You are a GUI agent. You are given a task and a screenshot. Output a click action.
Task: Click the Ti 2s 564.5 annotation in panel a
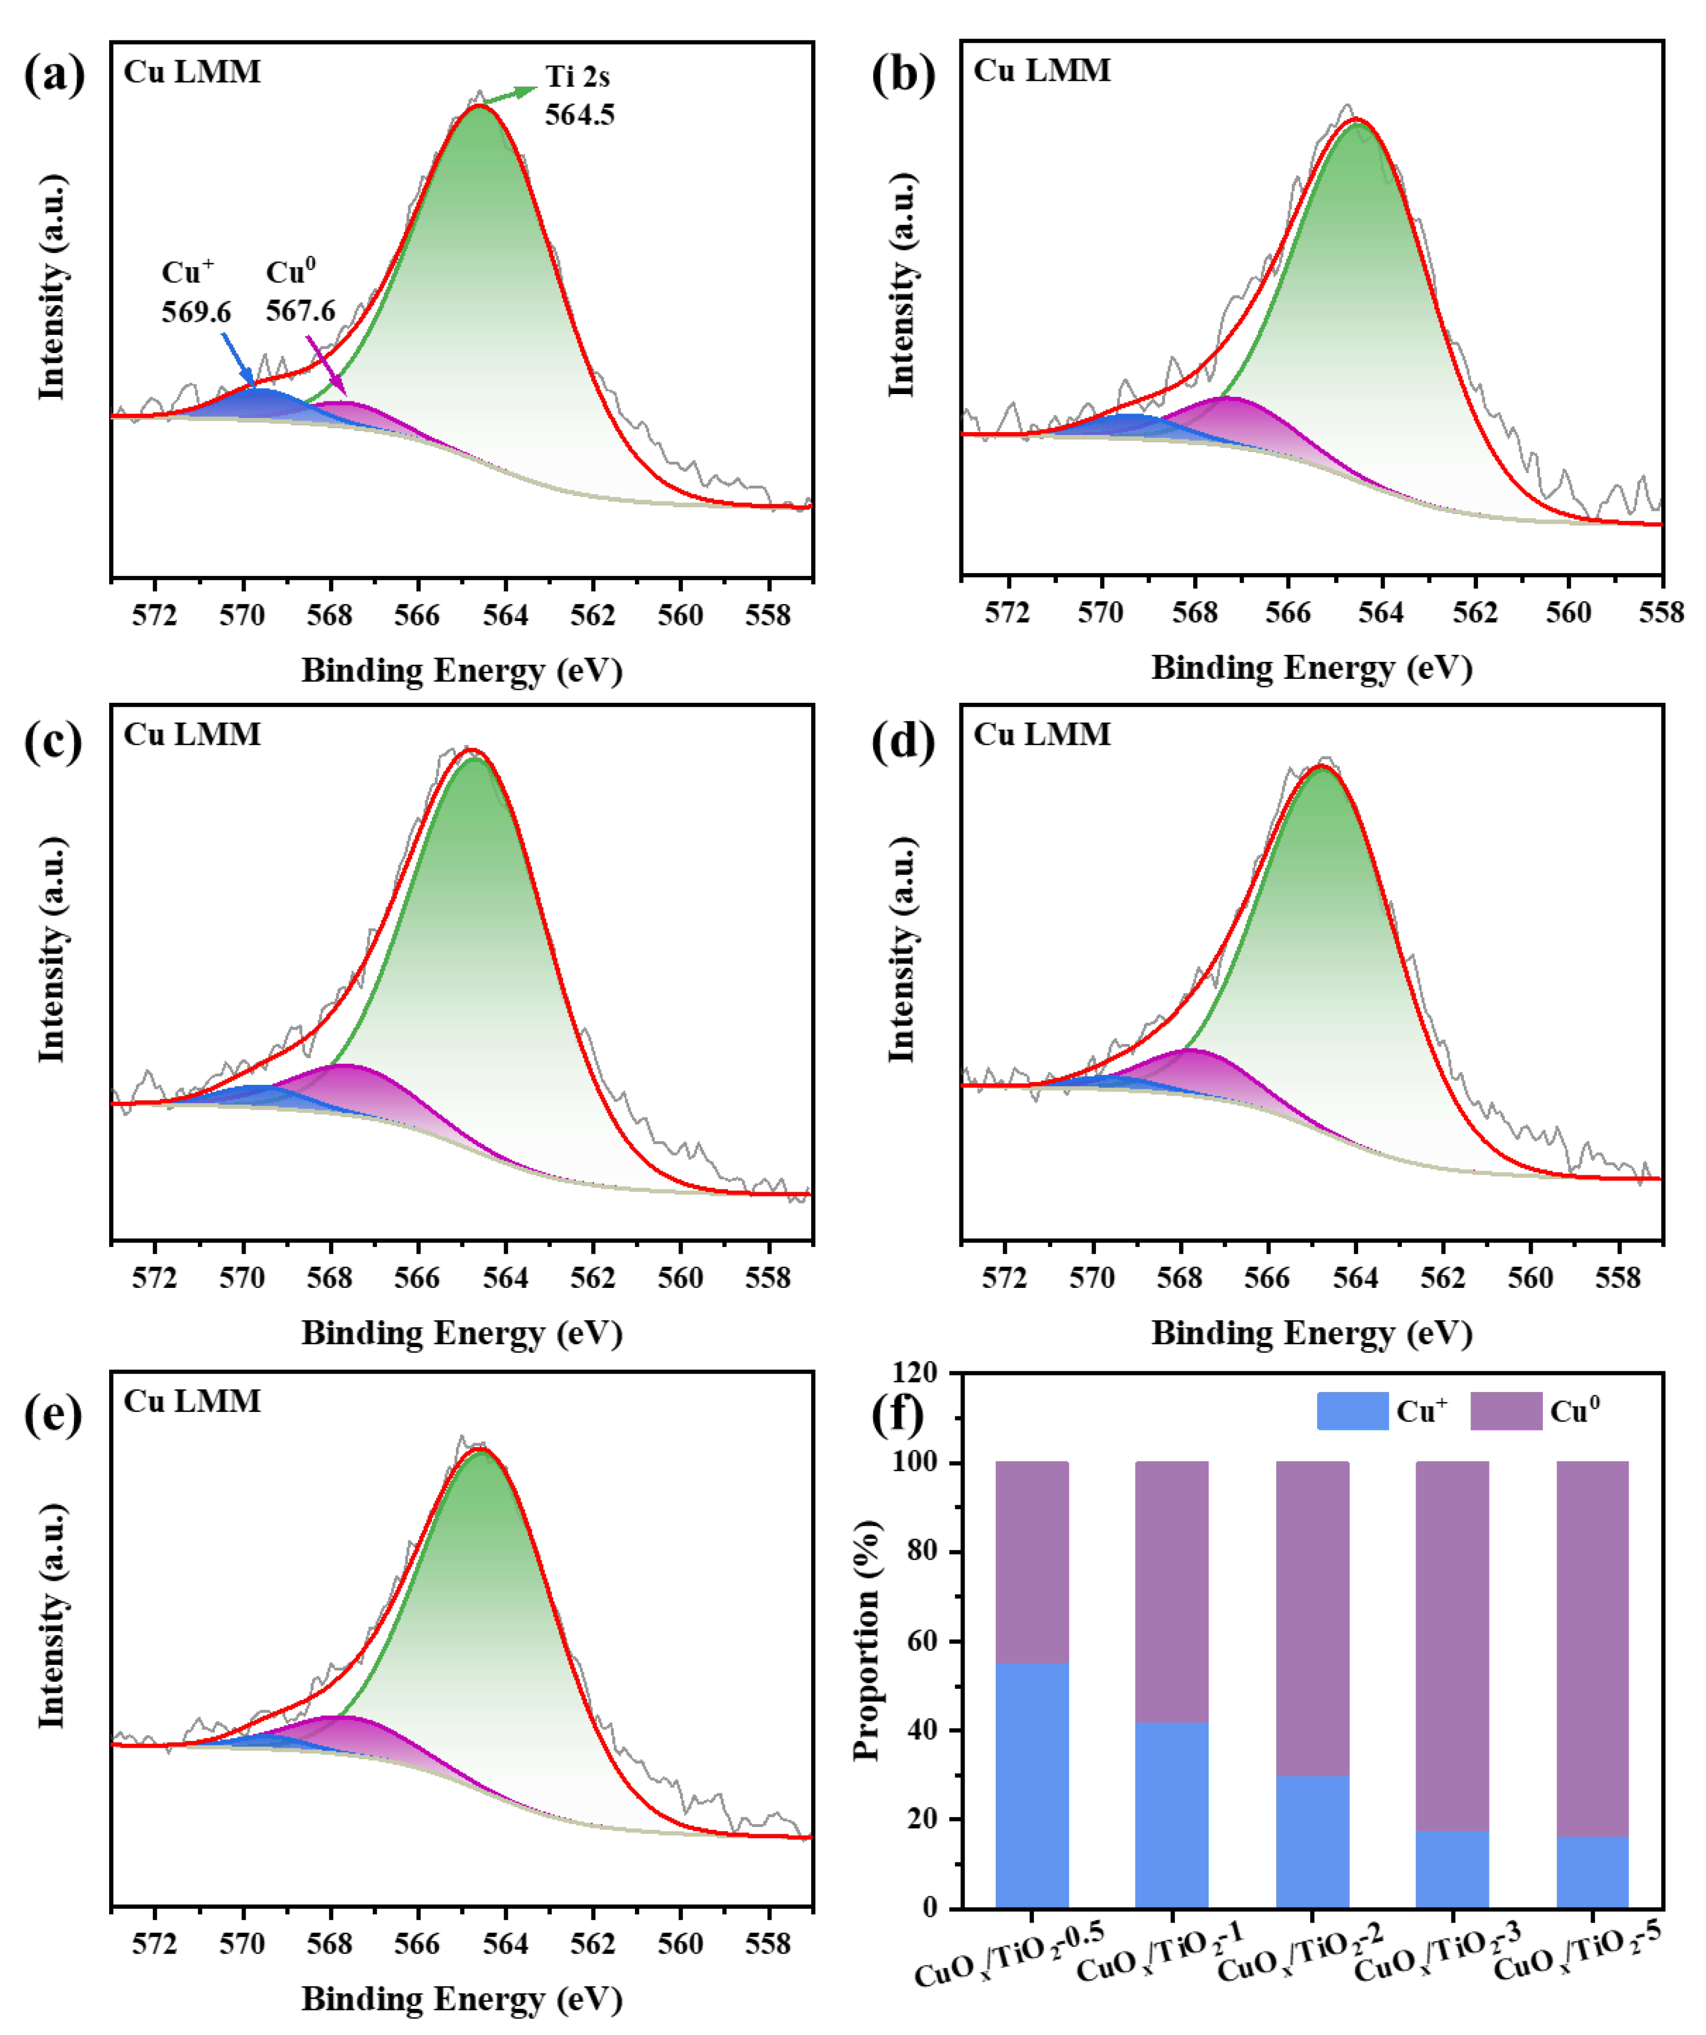(x=578, y=95)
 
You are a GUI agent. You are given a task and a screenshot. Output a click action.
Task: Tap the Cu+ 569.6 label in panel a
(x=195, y=292)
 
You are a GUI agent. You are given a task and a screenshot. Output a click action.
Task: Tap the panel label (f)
(x=897, y=1414)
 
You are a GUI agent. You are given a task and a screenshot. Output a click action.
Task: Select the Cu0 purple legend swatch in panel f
(x=1505, y=1411)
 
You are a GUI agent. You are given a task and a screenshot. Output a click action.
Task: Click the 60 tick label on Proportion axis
(x=923, y=1640)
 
